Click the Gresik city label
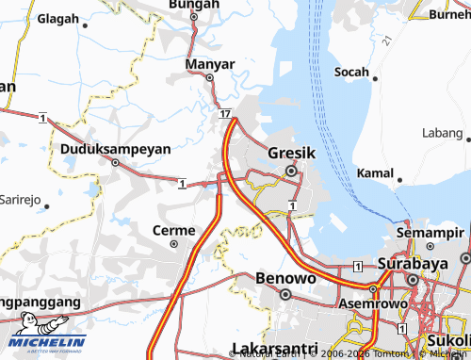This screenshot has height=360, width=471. click(290, 153)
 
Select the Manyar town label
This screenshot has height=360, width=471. click(209, 64)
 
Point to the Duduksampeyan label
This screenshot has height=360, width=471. click(115, 148)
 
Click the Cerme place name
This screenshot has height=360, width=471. click(173, 229)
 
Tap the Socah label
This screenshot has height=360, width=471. click(353, 72)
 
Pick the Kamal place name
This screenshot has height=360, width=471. click(376, 173)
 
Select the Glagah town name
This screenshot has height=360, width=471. click(58, 18)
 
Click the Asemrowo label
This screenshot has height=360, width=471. click(375, 307)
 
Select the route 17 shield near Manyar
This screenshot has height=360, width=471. click(225, 113)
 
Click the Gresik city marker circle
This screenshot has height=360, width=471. click(291, 171)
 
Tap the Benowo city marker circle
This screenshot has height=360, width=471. click(284, 294)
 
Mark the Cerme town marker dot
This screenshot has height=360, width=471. click(173, 243)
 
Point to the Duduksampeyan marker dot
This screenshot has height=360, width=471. click(116, 162)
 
